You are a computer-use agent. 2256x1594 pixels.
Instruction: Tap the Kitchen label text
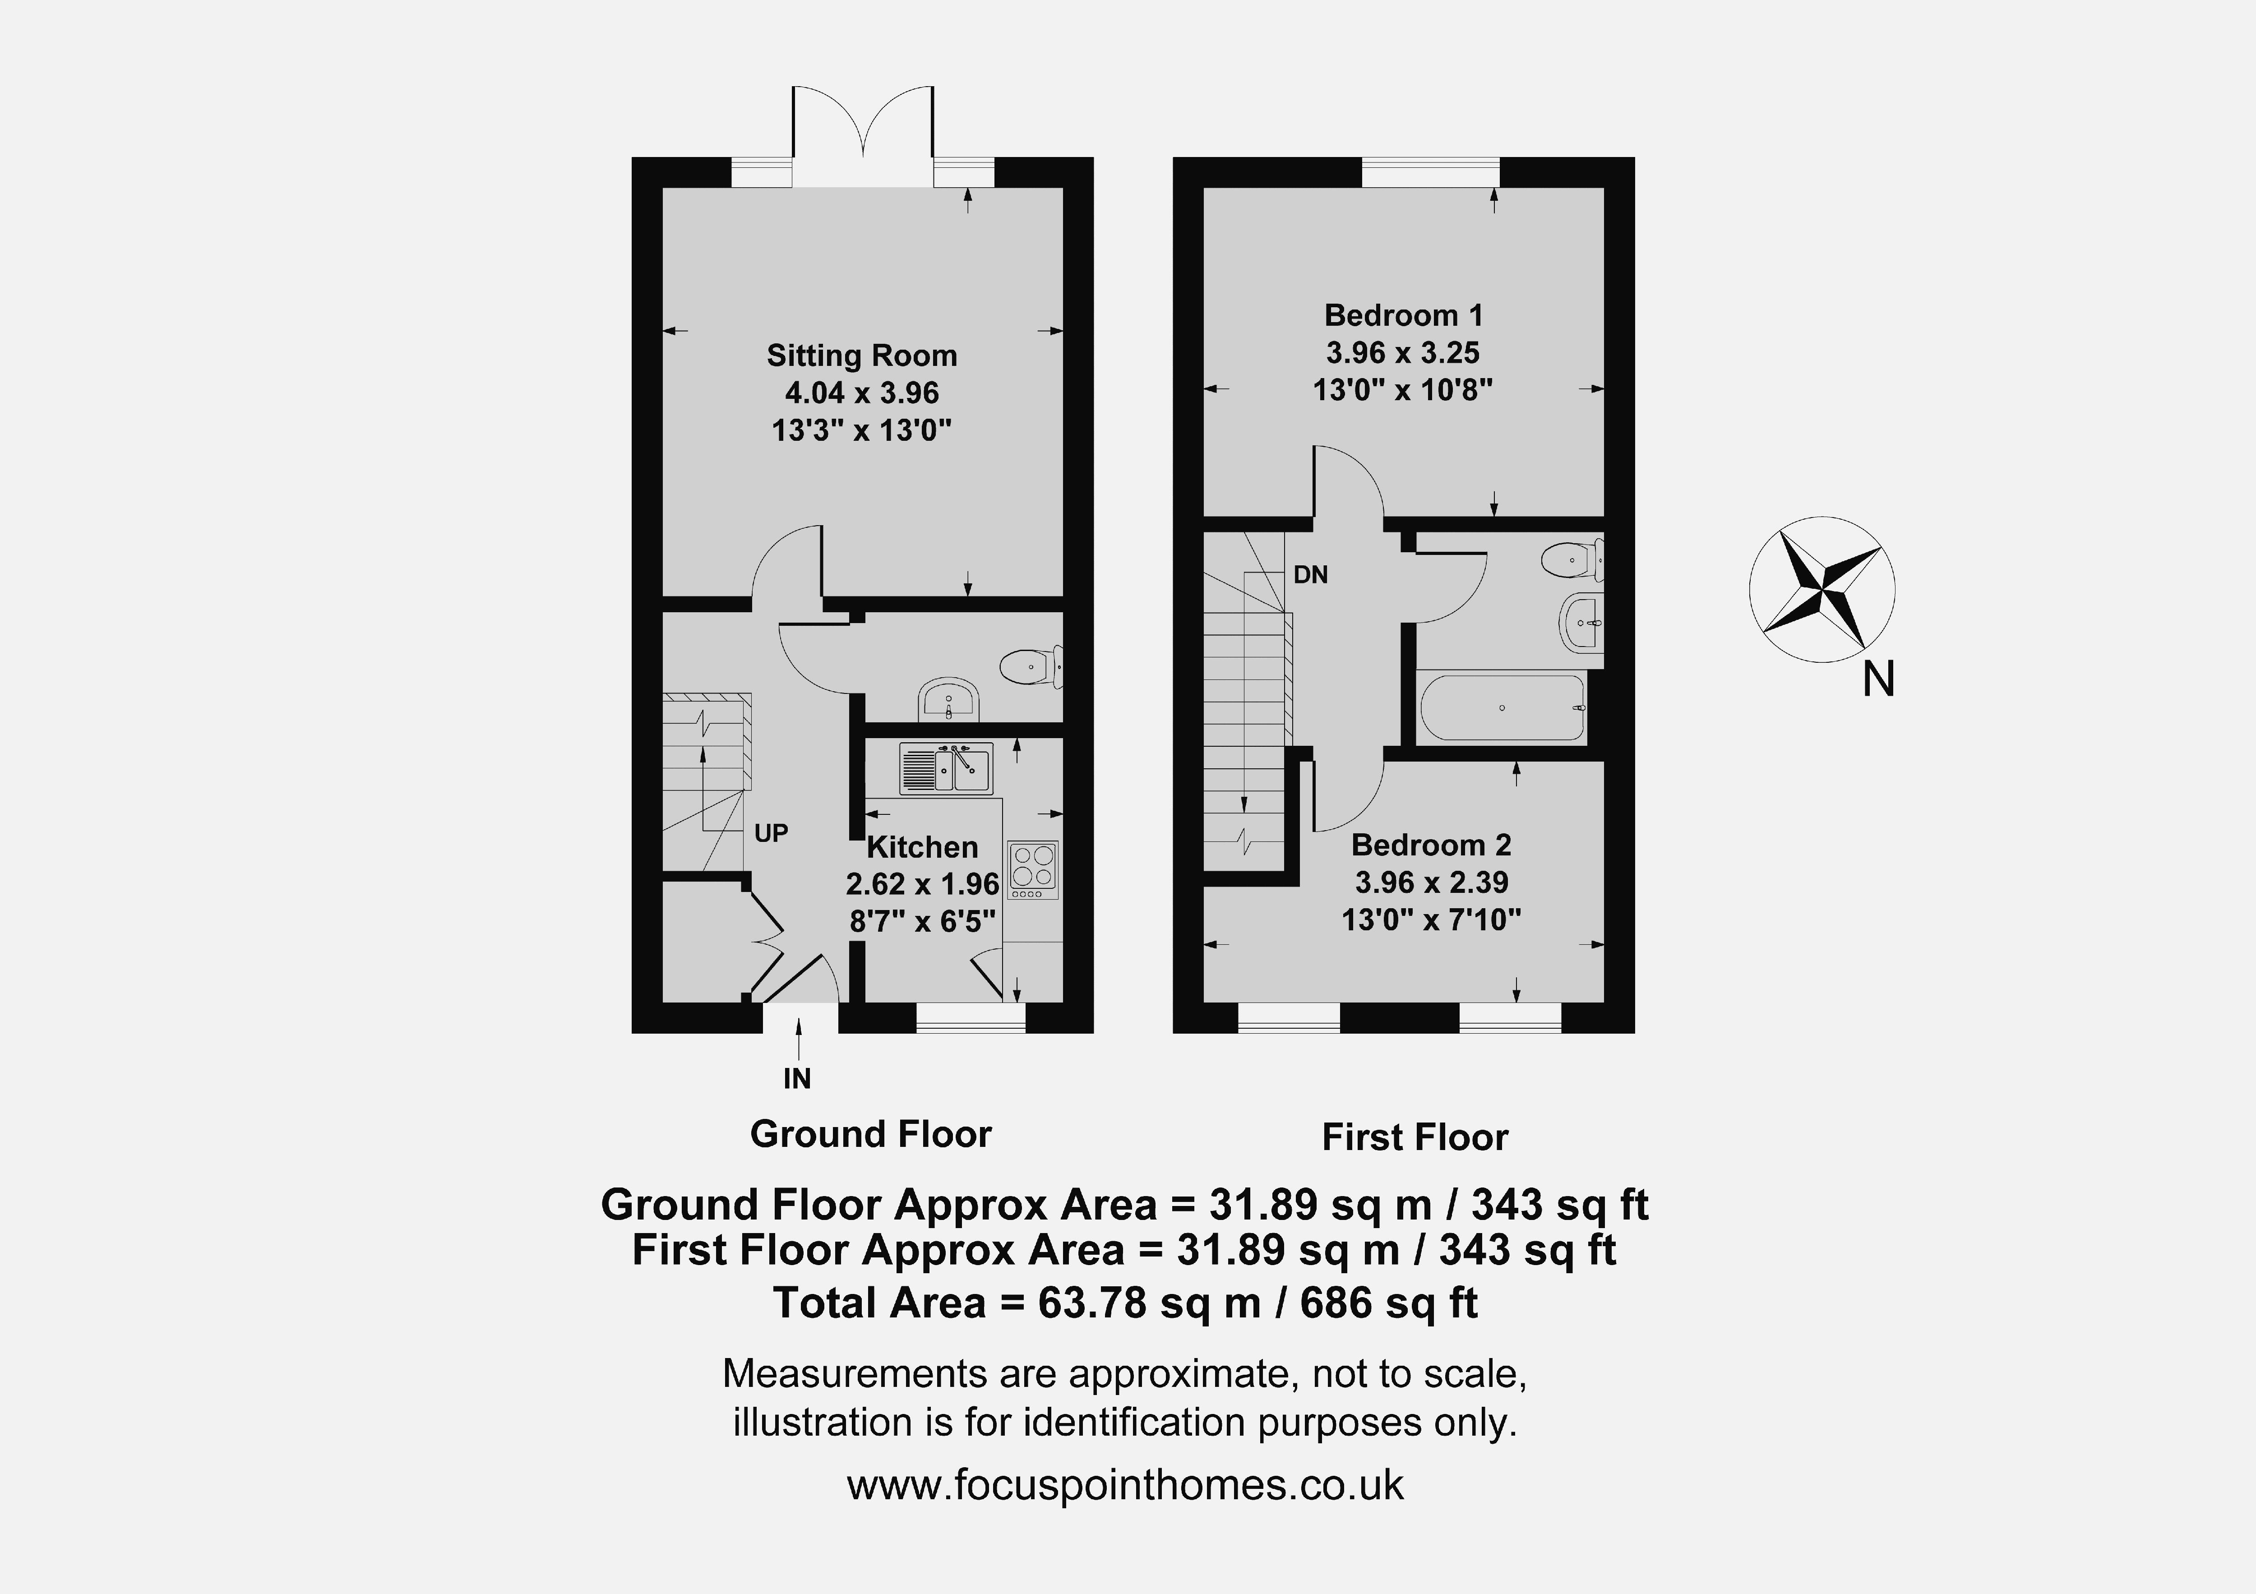pos(922,847)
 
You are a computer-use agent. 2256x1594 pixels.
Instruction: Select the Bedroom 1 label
pos(1403,315)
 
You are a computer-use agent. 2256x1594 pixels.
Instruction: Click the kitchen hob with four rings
pos(1033,870)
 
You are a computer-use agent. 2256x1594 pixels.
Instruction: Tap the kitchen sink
pos(946,768)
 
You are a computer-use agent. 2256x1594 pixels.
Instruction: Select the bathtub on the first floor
pos(1502,707)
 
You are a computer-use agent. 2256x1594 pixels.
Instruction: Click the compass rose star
pos(1823,590)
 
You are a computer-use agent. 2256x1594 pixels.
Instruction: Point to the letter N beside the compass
pos(1879,679)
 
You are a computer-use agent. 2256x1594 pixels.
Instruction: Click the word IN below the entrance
pos(797,1079)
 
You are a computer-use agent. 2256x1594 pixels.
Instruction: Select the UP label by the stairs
pos(771,833)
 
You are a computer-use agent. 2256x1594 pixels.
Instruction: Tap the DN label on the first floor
pos(1311,575)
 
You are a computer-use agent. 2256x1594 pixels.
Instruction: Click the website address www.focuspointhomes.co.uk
pos(1126,1484)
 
